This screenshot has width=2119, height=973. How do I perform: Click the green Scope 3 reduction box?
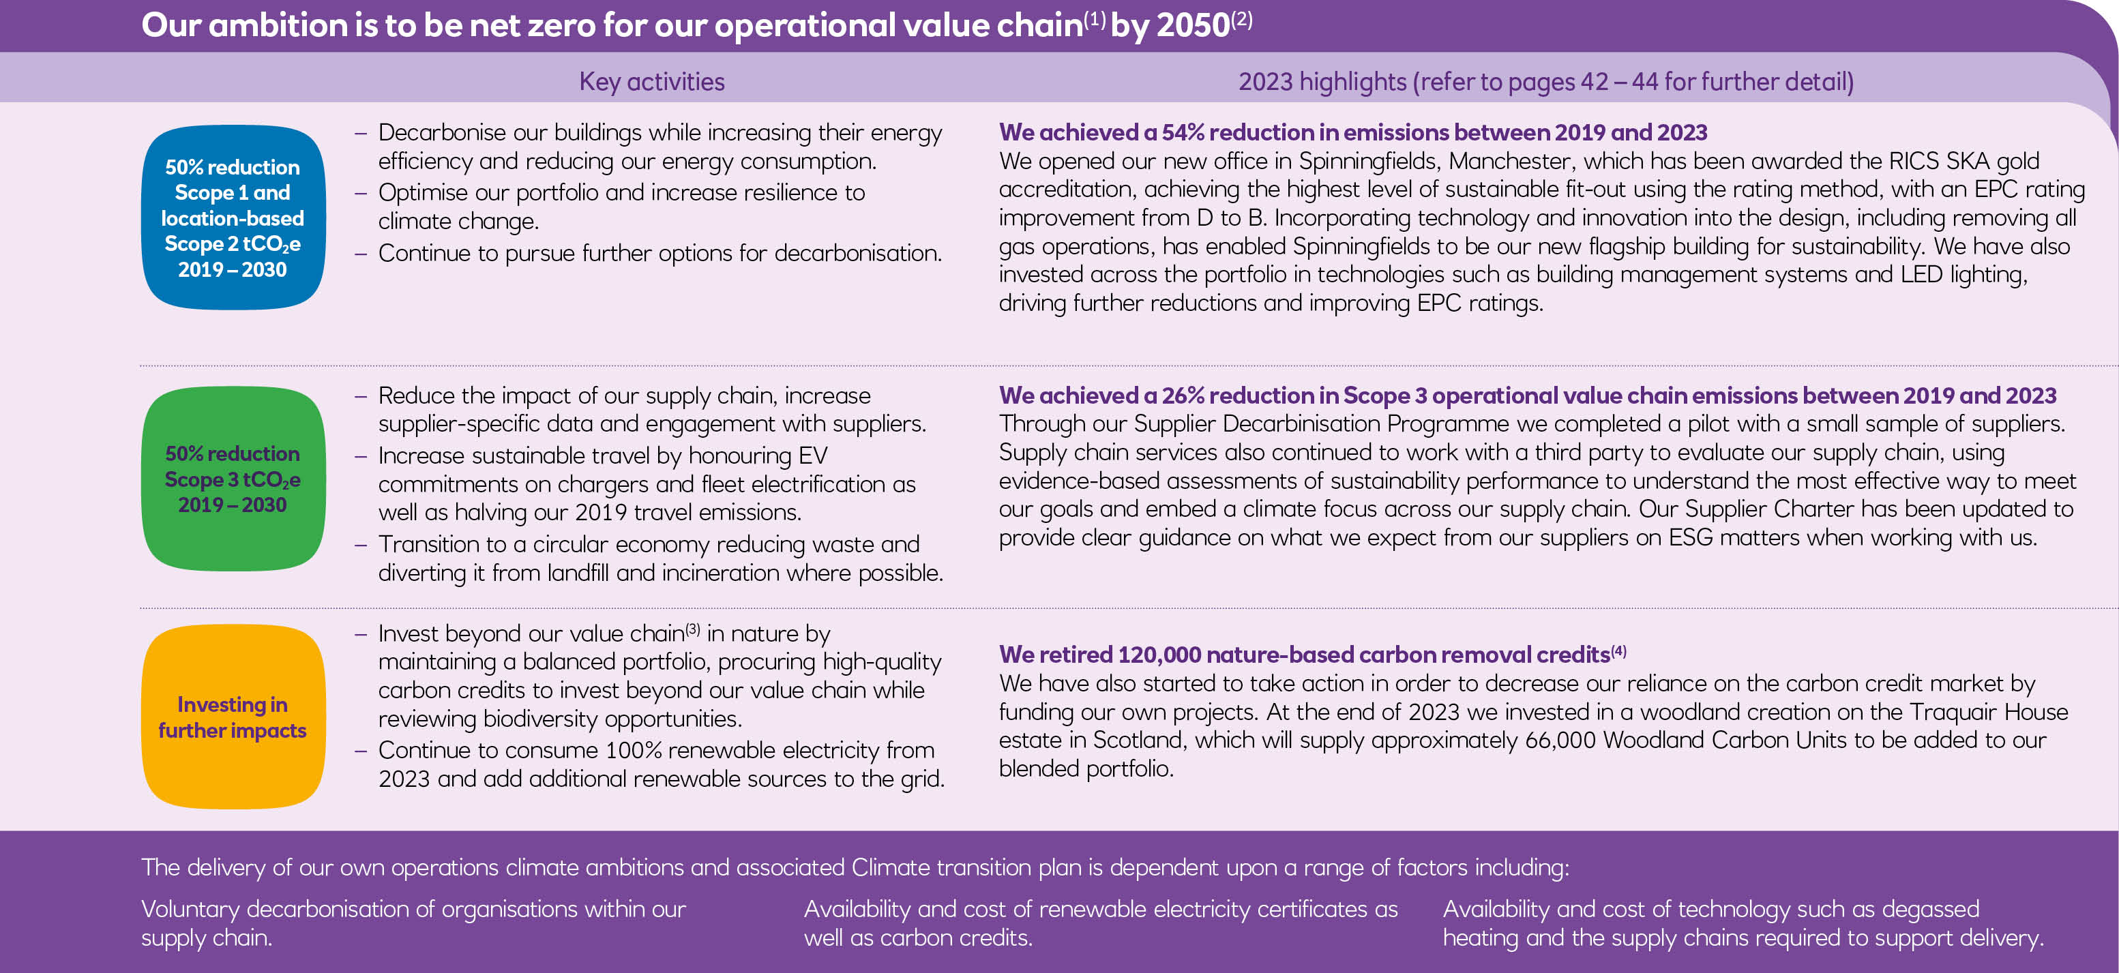coord(233,479)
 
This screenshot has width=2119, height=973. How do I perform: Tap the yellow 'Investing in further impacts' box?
coord(233,717)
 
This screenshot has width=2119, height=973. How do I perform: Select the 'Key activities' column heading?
coord(651,81)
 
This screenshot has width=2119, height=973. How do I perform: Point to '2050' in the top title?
coord(1193,25)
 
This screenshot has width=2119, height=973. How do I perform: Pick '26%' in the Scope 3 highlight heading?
coord(1183,395)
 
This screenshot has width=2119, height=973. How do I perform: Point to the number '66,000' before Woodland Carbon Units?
coord(1560,740)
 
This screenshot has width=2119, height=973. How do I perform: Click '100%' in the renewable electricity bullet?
coord(634,751)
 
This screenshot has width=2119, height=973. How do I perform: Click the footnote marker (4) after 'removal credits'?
coord(1619,651)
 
